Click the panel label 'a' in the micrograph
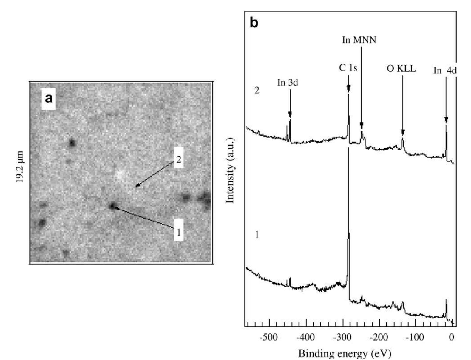click(48, 98)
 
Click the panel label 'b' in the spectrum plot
click(254, 23)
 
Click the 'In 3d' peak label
click(288, 83)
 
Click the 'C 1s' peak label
click(348, 68)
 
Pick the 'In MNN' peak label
click(359, 40)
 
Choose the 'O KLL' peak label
click(401, 69)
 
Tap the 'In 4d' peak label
click(445, 70)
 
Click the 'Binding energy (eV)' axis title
click(345, 353)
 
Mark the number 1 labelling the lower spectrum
click(257, 235)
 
